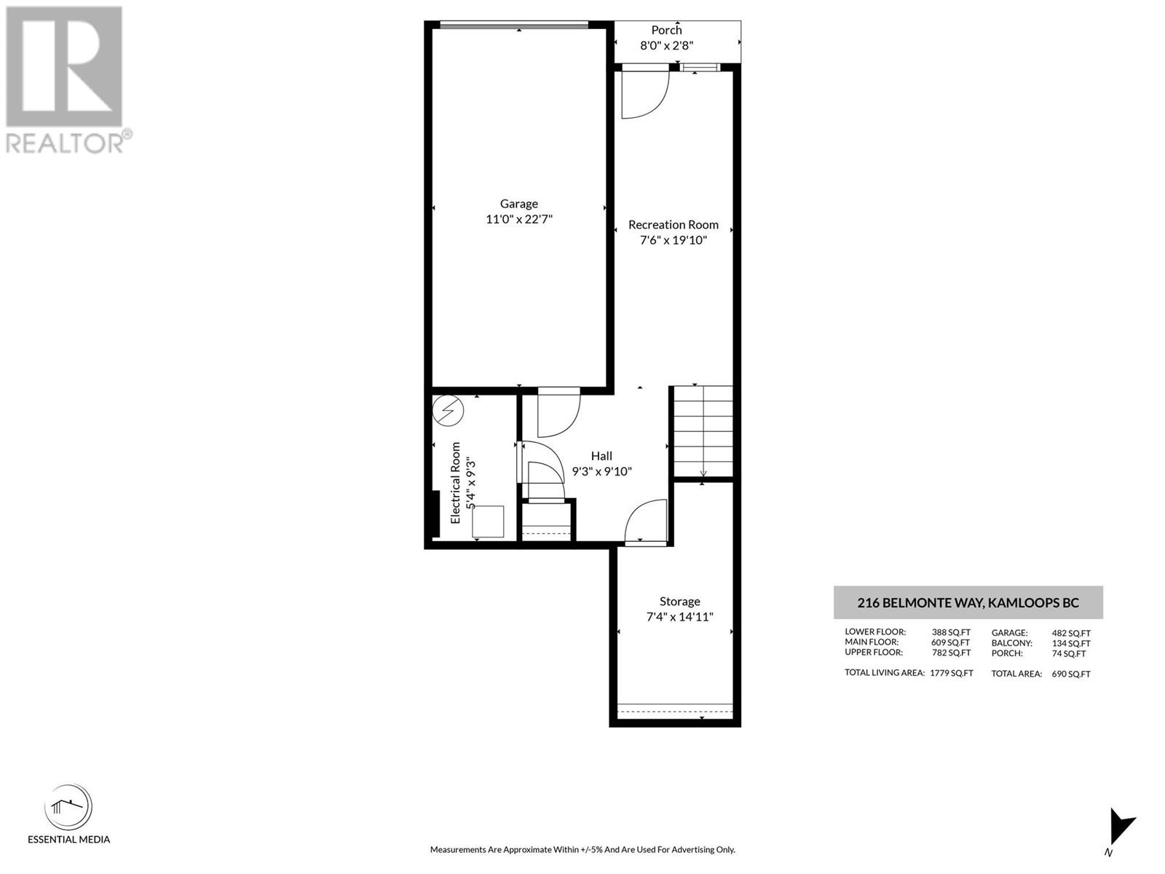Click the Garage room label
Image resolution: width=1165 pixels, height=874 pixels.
[x=518, y=204]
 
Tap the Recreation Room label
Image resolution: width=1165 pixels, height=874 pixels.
[x=673, y=225]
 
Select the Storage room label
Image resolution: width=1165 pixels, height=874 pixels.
[x=679, y=602]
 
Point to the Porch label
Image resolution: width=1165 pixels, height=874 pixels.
[x=667, y=31]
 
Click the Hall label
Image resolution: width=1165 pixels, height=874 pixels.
[x=601, y=456]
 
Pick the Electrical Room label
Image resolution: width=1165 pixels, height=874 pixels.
[x=455, y=483]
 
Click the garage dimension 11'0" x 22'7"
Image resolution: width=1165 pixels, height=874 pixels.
[x=519, y=219]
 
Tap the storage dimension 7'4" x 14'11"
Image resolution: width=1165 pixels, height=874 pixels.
[x=679, y=617]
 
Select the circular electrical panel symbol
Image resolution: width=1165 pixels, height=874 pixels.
[x=448, y=410]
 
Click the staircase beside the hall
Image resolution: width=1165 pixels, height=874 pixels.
[x=703, y=431]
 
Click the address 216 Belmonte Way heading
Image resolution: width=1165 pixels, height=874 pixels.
[x=968, y=603]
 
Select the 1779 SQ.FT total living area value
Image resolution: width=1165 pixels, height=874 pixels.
[x=952, y=673]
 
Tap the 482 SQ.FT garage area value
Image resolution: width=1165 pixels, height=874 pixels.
[x=1071, y=633]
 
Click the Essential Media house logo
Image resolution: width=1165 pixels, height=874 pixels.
[x=68, y=806]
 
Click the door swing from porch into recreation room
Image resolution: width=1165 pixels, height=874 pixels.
[x=645, y=95]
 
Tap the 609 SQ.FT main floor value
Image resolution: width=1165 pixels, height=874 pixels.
[x=951, y=642]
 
